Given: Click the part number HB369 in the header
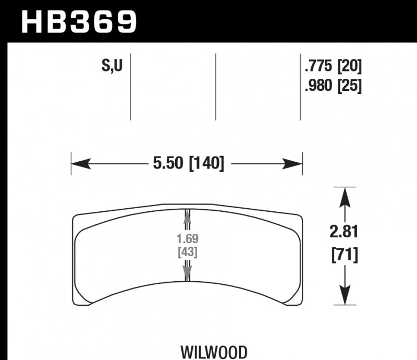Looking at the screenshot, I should tap(78, 22).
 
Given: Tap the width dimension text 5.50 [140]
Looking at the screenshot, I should tap(188, 164).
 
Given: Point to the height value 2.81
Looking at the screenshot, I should tap(344, 231).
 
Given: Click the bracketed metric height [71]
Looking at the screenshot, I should tap(344, 256).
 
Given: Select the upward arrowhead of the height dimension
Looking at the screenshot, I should tap(344, 196).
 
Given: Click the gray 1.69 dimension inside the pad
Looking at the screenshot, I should tap(187, 239).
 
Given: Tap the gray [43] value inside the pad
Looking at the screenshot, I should tap(187, 252).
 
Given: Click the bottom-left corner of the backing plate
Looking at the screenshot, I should tap(73, 304).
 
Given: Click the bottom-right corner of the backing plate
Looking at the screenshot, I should tap(301, 304).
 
